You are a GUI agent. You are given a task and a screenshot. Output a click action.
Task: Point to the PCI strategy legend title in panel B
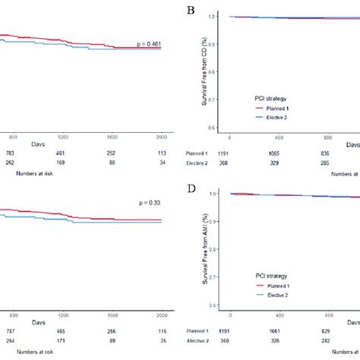coord(274,98)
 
